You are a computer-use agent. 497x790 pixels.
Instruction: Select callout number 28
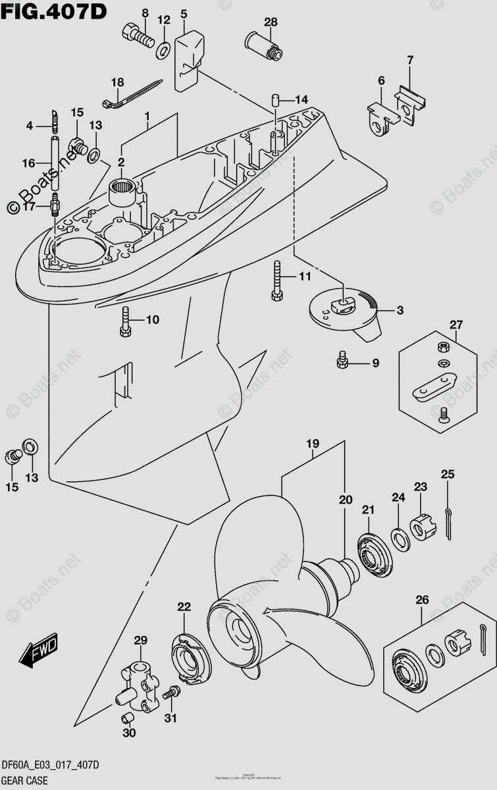point(271,22)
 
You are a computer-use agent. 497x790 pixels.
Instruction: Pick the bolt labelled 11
point(276,280)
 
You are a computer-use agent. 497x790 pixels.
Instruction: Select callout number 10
point(153,320)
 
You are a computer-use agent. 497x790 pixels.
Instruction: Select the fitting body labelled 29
point(138,683)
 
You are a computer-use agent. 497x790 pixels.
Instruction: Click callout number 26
point(421,600)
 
